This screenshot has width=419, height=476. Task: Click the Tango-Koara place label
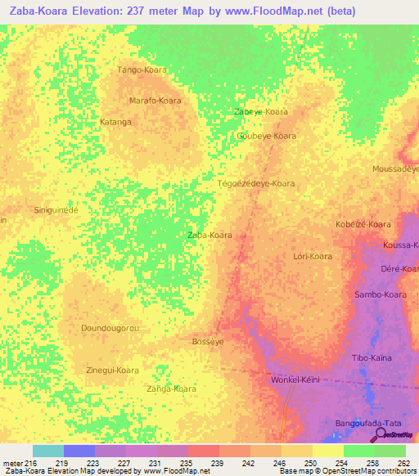[x=142, y=70]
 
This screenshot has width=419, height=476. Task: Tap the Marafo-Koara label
[x=155, y=101]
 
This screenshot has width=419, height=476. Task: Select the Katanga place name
[x=115, y=123]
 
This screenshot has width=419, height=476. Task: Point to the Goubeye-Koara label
[x=266, y=136]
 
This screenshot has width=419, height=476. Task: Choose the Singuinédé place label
[x=56, y=210]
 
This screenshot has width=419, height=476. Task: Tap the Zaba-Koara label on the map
[x=209, y=235]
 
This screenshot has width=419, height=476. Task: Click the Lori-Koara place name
[x=313, y=256]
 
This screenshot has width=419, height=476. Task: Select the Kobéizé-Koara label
[x=363, y=224]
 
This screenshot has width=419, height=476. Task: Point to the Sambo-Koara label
[x=380, y=294]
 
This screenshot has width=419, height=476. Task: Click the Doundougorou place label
[x=110, y=328]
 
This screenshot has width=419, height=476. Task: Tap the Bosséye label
[x=207, y=341]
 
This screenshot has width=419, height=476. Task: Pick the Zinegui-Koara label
[x=112, y=370]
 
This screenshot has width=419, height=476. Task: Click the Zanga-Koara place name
[x=171, y=389]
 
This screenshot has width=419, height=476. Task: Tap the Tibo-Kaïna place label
[x=372, y=358]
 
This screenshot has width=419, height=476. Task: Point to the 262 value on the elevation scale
[x=403, y=464]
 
